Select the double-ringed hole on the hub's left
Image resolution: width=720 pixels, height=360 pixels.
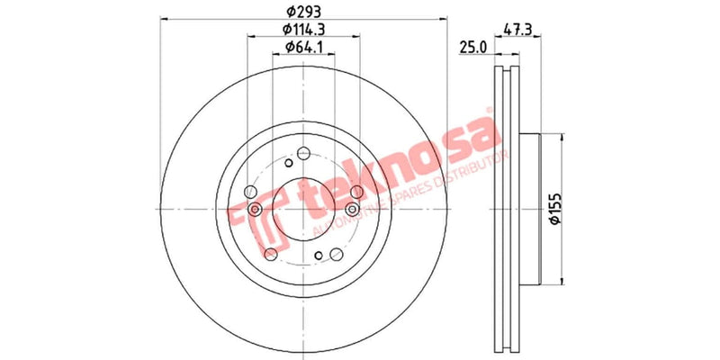pos(256,210)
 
